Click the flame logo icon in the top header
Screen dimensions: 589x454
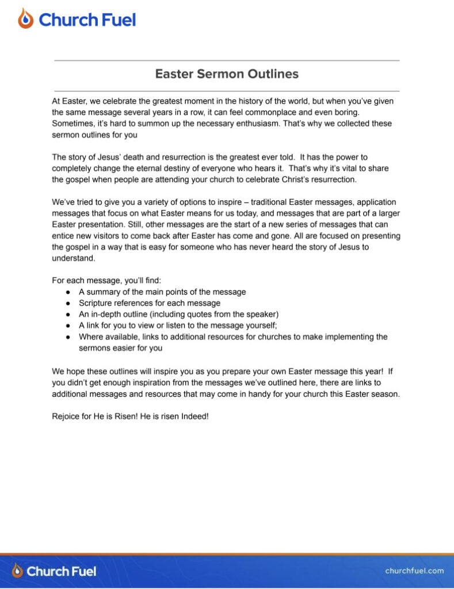26,19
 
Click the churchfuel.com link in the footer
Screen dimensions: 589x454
414,571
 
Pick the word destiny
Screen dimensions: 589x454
181,169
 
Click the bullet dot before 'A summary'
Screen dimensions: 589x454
68,292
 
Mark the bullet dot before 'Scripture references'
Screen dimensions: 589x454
68,303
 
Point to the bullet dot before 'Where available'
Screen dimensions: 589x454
68,337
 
